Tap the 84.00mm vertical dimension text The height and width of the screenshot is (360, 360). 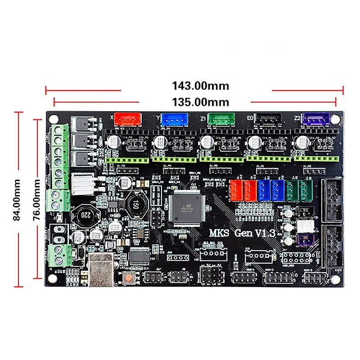pos(17,199)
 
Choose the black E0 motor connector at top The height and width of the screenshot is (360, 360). pos(267,118)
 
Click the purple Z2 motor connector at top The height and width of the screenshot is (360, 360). pos(316,118)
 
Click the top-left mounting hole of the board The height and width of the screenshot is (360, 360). pos(54,119)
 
